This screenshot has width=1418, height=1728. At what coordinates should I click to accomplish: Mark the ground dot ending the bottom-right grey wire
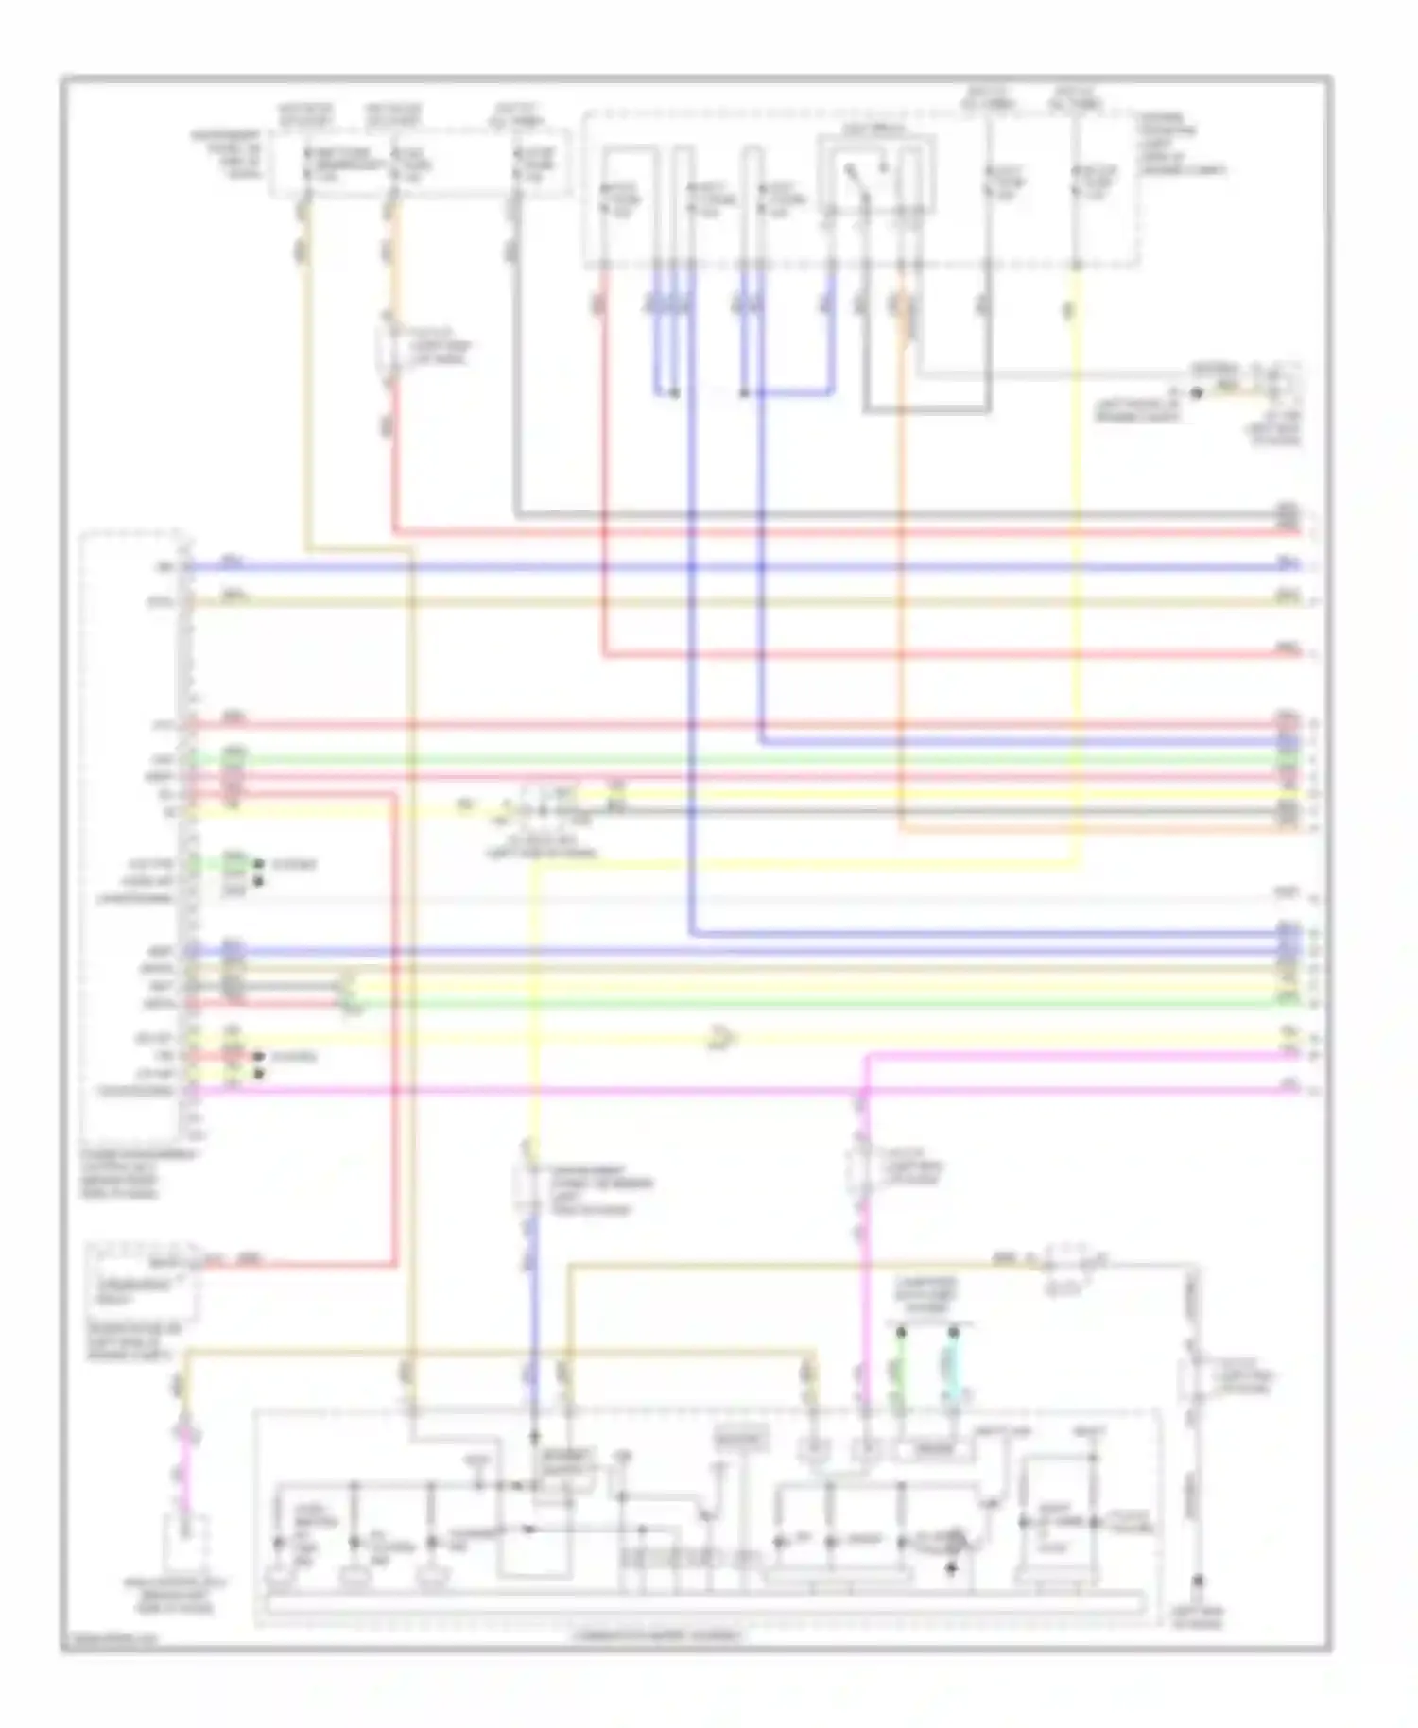1198,1580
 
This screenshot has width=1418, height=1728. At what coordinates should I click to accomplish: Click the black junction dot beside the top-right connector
1196,392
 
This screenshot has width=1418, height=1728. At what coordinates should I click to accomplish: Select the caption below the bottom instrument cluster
658,1634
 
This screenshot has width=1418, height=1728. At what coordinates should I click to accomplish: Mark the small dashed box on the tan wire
1068,1259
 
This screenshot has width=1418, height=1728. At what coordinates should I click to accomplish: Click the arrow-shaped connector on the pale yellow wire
722,1039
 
